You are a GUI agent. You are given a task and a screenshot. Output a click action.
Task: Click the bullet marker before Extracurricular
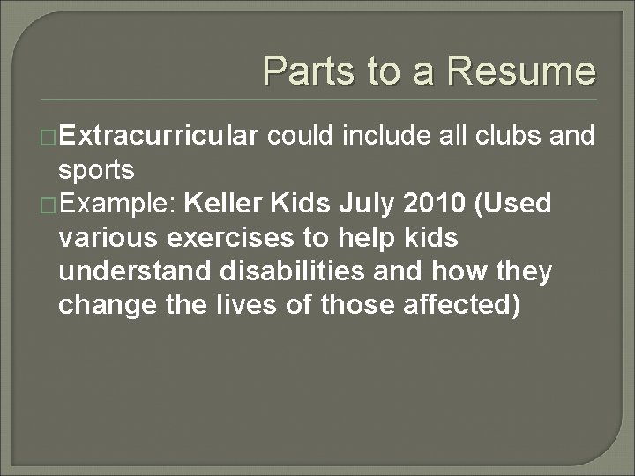(x=50, y=137)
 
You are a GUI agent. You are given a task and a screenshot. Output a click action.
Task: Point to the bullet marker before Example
(x=50, y=205)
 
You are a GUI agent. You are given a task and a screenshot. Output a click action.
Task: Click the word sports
(x=96, y=169)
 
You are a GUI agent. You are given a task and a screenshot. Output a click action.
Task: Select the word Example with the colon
(x=120, y=205)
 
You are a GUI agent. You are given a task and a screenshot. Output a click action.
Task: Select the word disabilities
(x=276, y=271)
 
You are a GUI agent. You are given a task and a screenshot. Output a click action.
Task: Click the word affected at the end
(x=456, y=306)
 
